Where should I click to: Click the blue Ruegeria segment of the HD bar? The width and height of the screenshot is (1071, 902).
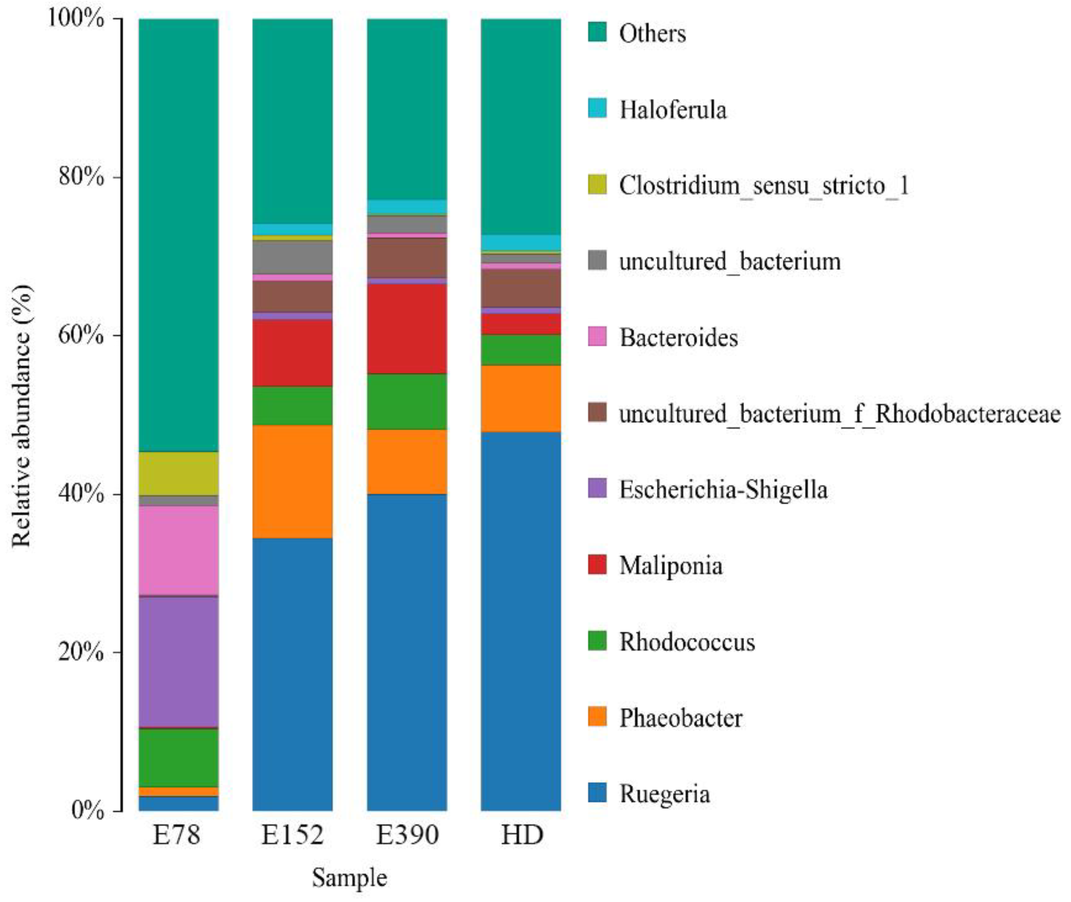pos(520,621)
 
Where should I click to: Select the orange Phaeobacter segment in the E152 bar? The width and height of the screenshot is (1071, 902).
pos(292,481)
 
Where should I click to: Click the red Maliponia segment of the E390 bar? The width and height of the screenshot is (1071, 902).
pos(407,328)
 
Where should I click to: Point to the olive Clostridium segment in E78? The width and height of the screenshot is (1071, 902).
pos(178,473)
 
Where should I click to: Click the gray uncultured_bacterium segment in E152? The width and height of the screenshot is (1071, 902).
pos(292,257)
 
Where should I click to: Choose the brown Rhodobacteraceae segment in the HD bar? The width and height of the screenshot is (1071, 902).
pos(520,288)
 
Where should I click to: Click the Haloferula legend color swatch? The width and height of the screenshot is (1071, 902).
pos(597,108)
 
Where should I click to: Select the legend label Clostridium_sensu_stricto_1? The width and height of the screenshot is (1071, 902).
pos(764,185)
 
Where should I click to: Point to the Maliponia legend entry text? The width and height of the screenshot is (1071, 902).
pos(671,566)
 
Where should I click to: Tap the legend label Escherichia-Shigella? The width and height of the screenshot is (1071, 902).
pos(723,489)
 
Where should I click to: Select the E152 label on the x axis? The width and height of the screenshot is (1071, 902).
pos(292,835)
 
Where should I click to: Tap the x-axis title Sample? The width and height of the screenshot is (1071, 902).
pos(350,878)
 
